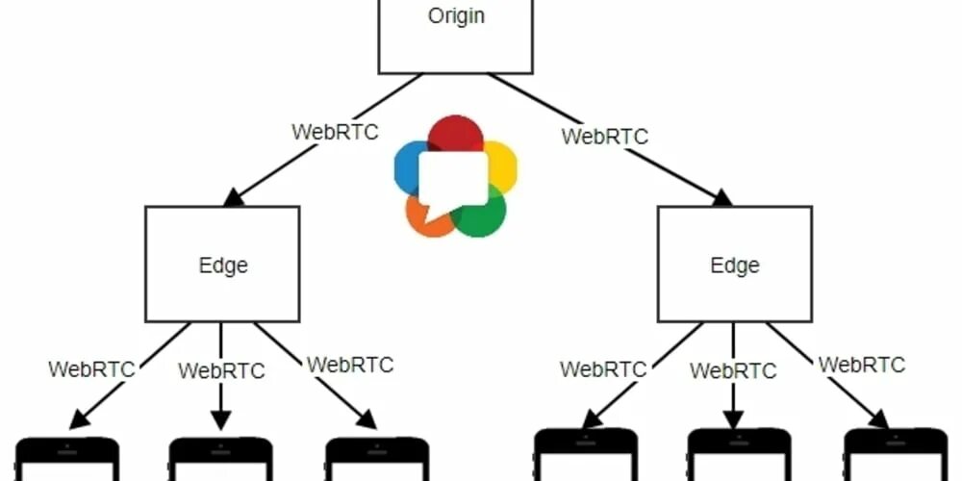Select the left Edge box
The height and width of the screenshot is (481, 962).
coord(222,264)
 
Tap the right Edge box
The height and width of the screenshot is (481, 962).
coord(734,264)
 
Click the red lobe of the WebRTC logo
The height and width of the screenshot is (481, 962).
coord(455,133)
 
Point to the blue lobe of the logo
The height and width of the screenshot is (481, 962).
coord(407,162)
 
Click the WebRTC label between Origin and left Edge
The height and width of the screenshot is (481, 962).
coord(336,132)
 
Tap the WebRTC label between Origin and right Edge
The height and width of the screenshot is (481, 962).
coord(605,137)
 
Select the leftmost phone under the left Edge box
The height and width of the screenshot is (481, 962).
coord(67,459)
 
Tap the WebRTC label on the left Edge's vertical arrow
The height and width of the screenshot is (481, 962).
coord(221,370)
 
